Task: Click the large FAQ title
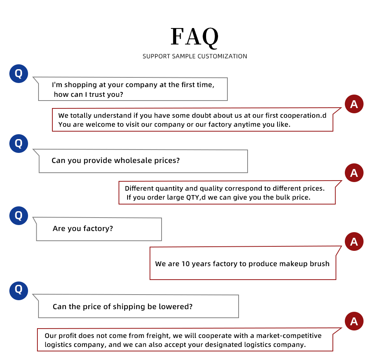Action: [x=194, y=37]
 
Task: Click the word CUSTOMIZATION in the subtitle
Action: [x=222, y=56]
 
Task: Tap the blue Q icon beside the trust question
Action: [x=19, y=74]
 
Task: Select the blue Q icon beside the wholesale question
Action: [x=19, y=144]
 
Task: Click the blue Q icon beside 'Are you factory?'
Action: [x=19, y=216]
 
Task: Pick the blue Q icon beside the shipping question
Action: [x=19, y=291]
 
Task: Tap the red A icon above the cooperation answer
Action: [x=354, y=104]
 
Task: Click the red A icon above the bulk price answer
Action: [x=354, y=173]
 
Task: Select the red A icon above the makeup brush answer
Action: [x=354, y=241]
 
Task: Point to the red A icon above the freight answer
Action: [x=354, y=321]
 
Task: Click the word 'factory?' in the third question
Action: [x=98, y=229]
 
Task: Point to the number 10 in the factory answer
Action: [x=186, y=264]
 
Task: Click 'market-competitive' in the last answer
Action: [x=289, y=336]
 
